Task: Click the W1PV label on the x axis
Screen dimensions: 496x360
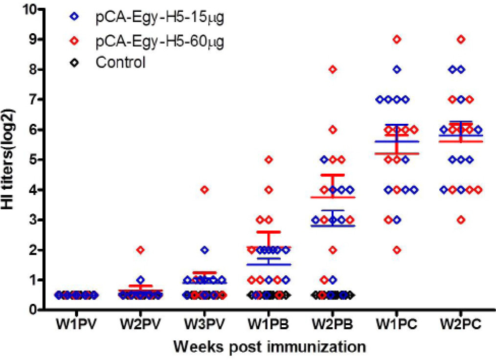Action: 76,325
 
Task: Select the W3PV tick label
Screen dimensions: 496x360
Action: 204,325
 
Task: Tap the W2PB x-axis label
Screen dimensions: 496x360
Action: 333,325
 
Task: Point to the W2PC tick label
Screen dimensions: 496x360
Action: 461,325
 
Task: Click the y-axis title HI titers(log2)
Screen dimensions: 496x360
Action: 8,159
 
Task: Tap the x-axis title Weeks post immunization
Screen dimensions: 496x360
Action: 270,347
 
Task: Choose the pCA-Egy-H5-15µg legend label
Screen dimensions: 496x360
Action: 160,18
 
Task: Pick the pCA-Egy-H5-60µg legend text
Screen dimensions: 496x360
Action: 160,41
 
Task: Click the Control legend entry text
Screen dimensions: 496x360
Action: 120,62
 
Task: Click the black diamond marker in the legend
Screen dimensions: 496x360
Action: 74,63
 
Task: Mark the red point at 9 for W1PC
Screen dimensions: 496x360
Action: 397,39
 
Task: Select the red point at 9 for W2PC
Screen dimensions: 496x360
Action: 461,39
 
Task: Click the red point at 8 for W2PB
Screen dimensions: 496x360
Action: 333,69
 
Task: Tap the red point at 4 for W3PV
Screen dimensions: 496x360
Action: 204,190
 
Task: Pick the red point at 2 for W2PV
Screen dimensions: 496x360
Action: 140,250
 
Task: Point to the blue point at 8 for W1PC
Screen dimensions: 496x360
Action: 397,69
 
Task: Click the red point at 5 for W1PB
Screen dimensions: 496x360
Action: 269,160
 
